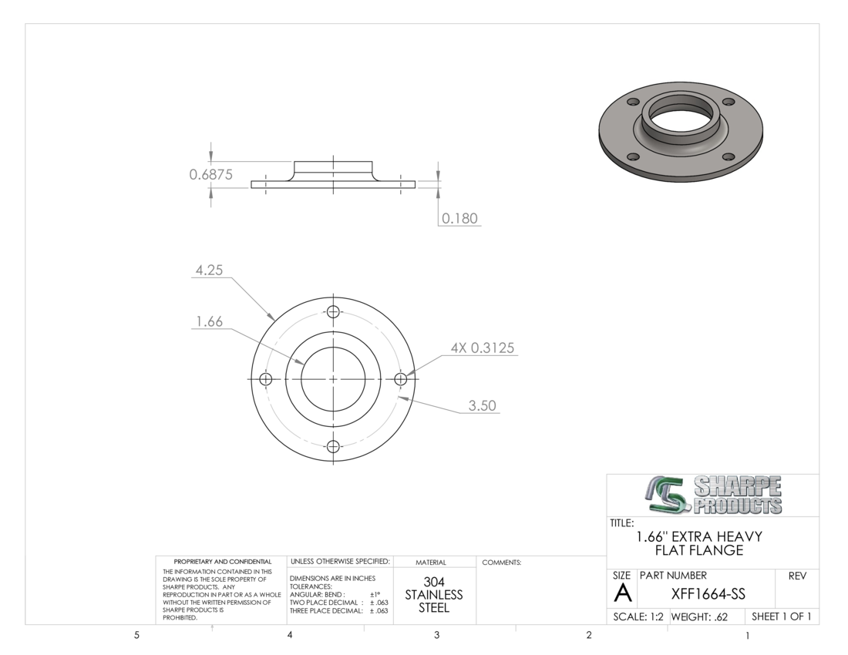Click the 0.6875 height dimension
click(x=211, y=175)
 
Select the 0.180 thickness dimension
click(x=459, y=218)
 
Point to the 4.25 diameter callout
click(x=209, y=270)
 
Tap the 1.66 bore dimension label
click(x=209, y=321)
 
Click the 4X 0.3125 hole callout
click(x=483, y=348)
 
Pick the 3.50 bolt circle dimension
click(x=483, y=405)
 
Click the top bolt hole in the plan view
click(x=333, y=312)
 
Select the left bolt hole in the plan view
click(x=265, y=379)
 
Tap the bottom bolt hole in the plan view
click(x=333, y=447)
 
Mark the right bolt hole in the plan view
click(x=401, y=379)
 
